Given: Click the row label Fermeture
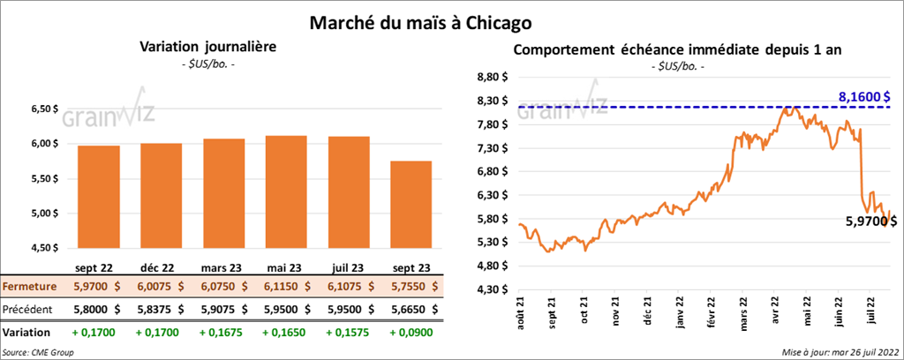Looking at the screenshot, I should click(x=30, y=287).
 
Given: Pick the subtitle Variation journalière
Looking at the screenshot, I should click(x=205, y=47).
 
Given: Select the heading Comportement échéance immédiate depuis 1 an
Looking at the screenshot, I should click(x=676, y=49).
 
